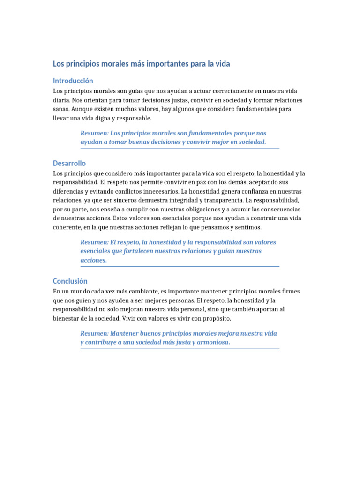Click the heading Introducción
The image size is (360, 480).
73,81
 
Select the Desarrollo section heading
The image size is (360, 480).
69,163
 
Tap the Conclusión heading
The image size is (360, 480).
70,281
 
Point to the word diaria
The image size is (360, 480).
61,100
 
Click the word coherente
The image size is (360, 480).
68,227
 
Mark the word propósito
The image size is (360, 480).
217,318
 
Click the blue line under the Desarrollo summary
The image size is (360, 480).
180,266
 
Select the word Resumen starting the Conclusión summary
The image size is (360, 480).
95,333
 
